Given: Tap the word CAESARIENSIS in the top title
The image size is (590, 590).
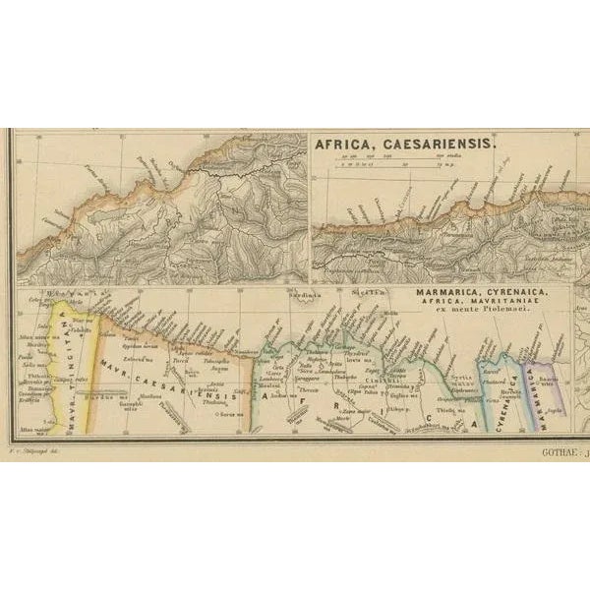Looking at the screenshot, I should coord(442,143).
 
